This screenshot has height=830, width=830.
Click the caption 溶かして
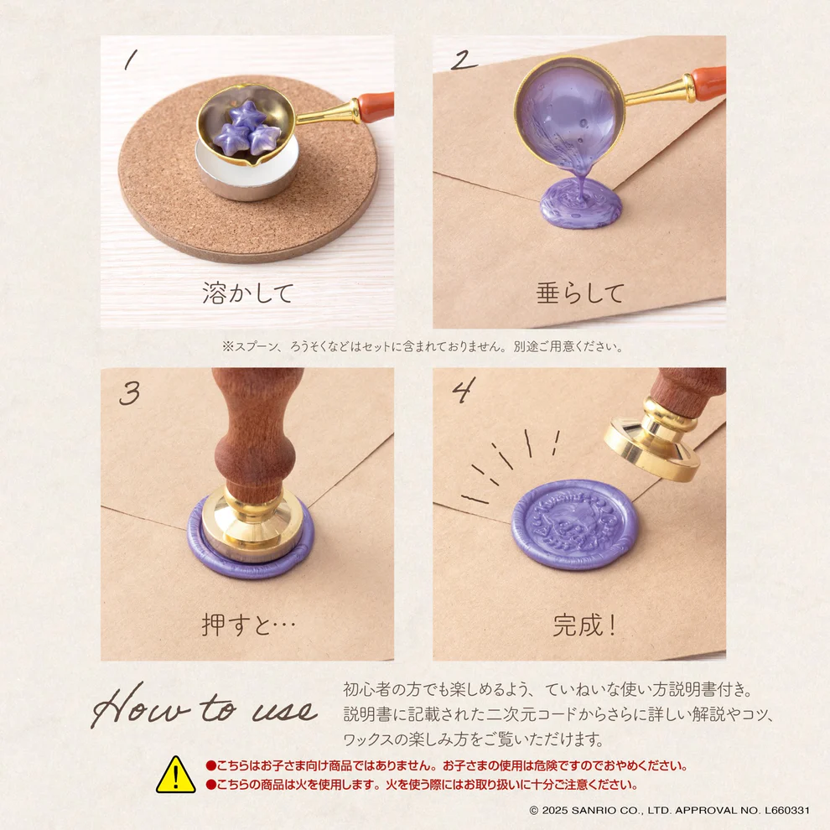pyautogui.click(x=247, y=293)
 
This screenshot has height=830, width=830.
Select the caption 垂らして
pyautogui.click(x=580, y=293)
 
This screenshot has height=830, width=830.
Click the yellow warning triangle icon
pyautogui.click(x=175, y=776)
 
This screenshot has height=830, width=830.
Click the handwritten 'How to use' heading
pyautogui.click(x=205, y=709)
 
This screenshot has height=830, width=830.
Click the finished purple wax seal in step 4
pyautogui.click(x=574, y=524)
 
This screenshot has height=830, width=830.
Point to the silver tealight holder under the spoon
pyautogui.click(x=247, y=176)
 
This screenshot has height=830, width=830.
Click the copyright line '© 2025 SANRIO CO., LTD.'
pyautogui.click(x=669, y=811)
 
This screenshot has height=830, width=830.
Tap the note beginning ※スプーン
pyautogui.click(x=423, y=346)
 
